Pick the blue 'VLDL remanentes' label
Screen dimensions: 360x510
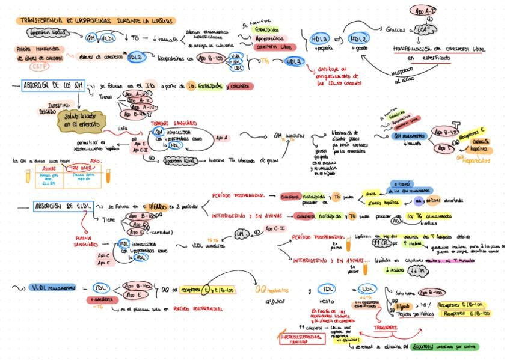53,288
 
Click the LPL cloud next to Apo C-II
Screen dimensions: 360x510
241,233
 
